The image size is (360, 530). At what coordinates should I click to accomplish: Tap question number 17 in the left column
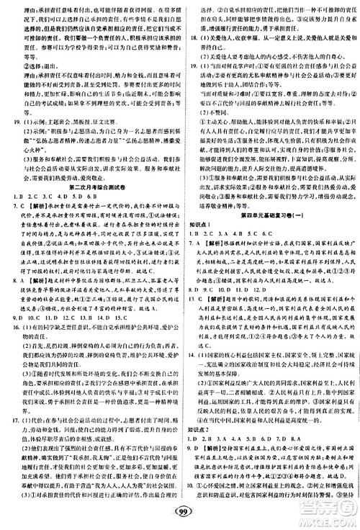(x=12, y=418)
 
